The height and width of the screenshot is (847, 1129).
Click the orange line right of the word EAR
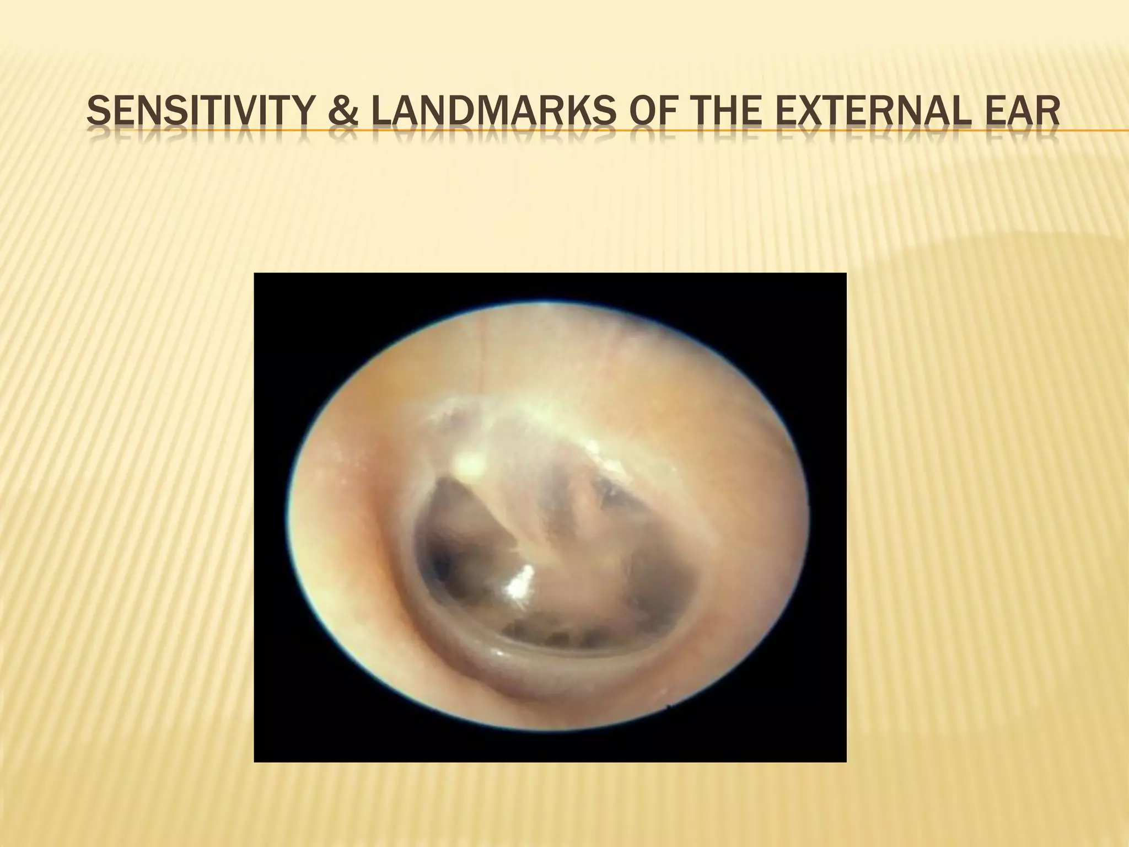pyautogui.click(x=1094, y=131)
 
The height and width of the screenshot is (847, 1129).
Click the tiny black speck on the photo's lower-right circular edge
pyautogui.click(x=669, y=705)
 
